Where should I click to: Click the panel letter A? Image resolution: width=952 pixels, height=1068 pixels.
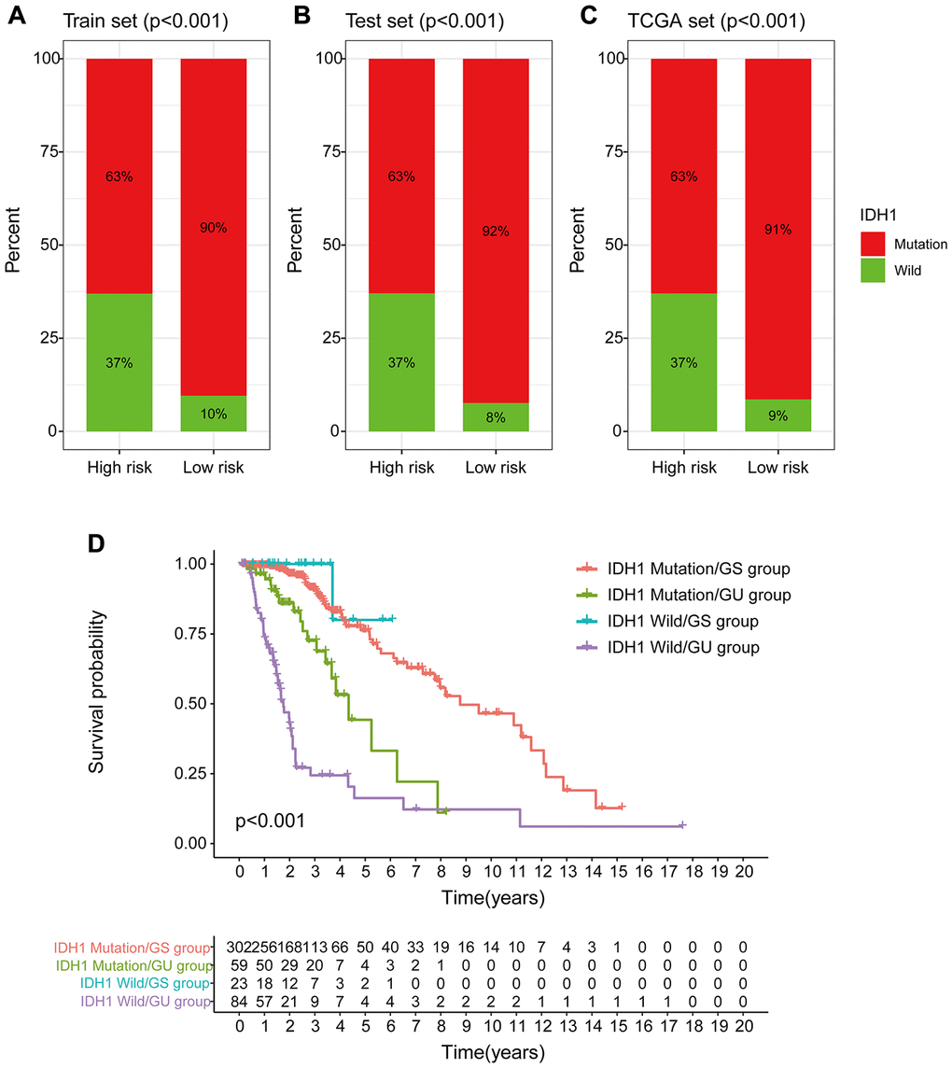[x=18, y=16]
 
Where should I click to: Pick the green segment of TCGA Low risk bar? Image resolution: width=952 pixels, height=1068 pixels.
[x=778, y=415]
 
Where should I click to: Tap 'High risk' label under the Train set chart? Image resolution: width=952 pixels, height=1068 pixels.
[x=119, y=468]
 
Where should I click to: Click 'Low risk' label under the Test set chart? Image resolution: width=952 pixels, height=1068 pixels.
[x=496, y=468]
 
